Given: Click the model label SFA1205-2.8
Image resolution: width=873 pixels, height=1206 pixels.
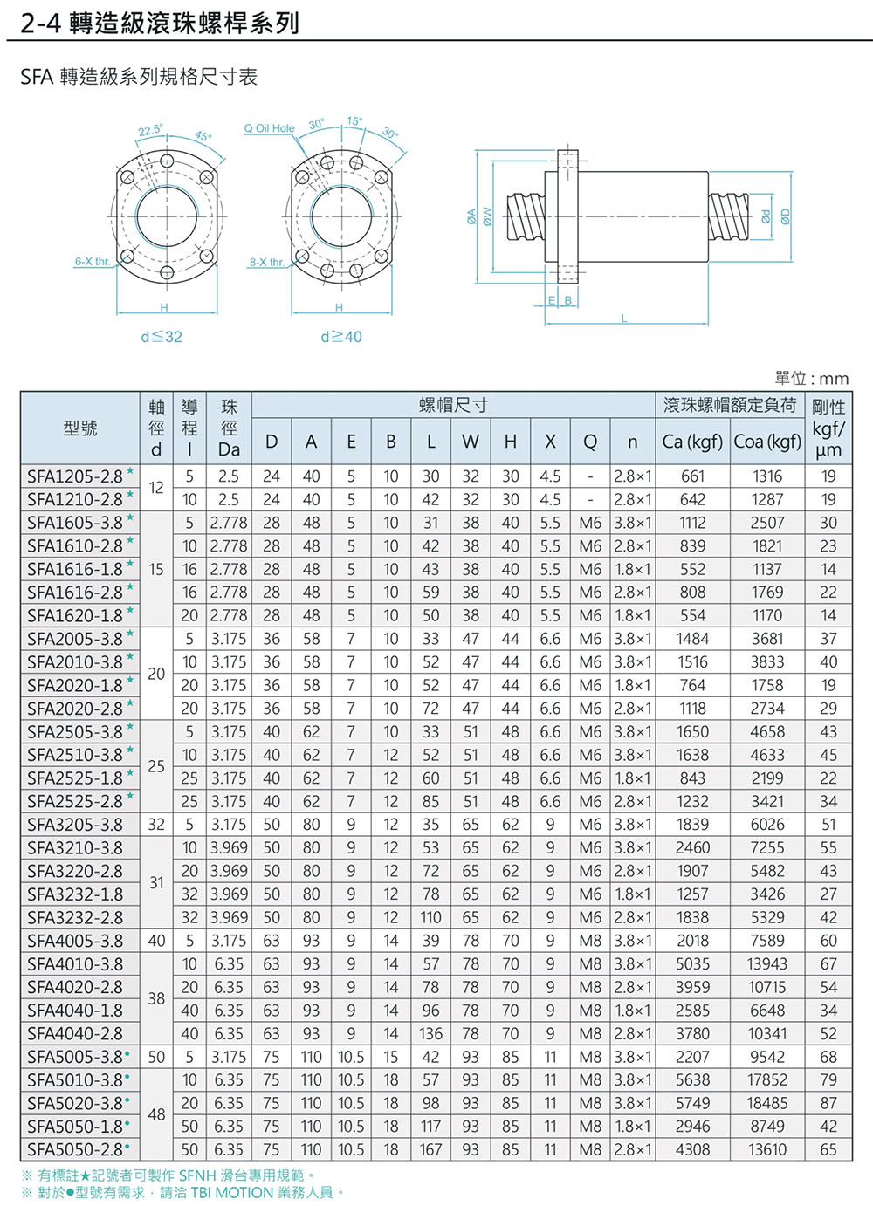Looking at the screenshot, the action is coord(75,476).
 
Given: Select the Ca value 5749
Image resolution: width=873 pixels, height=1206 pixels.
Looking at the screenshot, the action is coord(692,1103).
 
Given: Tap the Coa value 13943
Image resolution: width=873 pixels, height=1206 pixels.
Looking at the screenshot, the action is coord(766,963).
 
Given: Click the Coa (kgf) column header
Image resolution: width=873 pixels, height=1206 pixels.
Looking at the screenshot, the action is coord(766,442).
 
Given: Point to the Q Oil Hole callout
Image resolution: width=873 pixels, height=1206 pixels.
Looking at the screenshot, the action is coord(269,128).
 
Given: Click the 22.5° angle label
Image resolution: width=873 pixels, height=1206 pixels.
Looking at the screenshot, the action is coord(150,130).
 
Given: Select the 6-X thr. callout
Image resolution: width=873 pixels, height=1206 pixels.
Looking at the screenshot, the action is coord(92,262).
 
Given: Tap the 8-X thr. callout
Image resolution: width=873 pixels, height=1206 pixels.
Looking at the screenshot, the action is coord(266,262).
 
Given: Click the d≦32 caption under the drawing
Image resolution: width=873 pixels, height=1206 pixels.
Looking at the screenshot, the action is coord(162,337).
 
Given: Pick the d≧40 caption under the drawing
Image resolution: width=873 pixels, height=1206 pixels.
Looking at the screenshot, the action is coord(340,337).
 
